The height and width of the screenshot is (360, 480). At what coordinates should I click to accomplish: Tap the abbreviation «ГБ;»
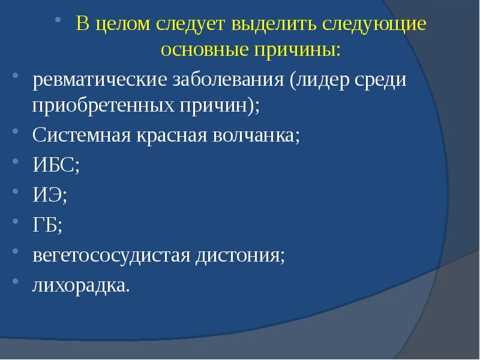[x=47, y=226]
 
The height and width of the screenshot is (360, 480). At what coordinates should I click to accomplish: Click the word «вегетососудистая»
[x=112, y=256]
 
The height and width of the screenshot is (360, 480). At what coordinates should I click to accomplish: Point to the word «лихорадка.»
[x=80, y=286]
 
